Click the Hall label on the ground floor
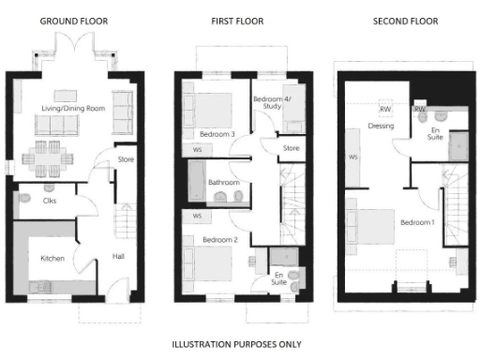pos(118,255)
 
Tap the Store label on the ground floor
pos(126,159)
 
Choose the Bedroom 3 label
pos(217,135)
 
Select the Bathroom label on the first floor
pos(223,183)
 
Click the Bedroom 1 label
pos(417,223)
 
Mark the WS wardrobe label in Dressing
pos(353,157)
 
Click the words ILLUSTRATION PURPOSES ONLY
pos(237,344)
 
